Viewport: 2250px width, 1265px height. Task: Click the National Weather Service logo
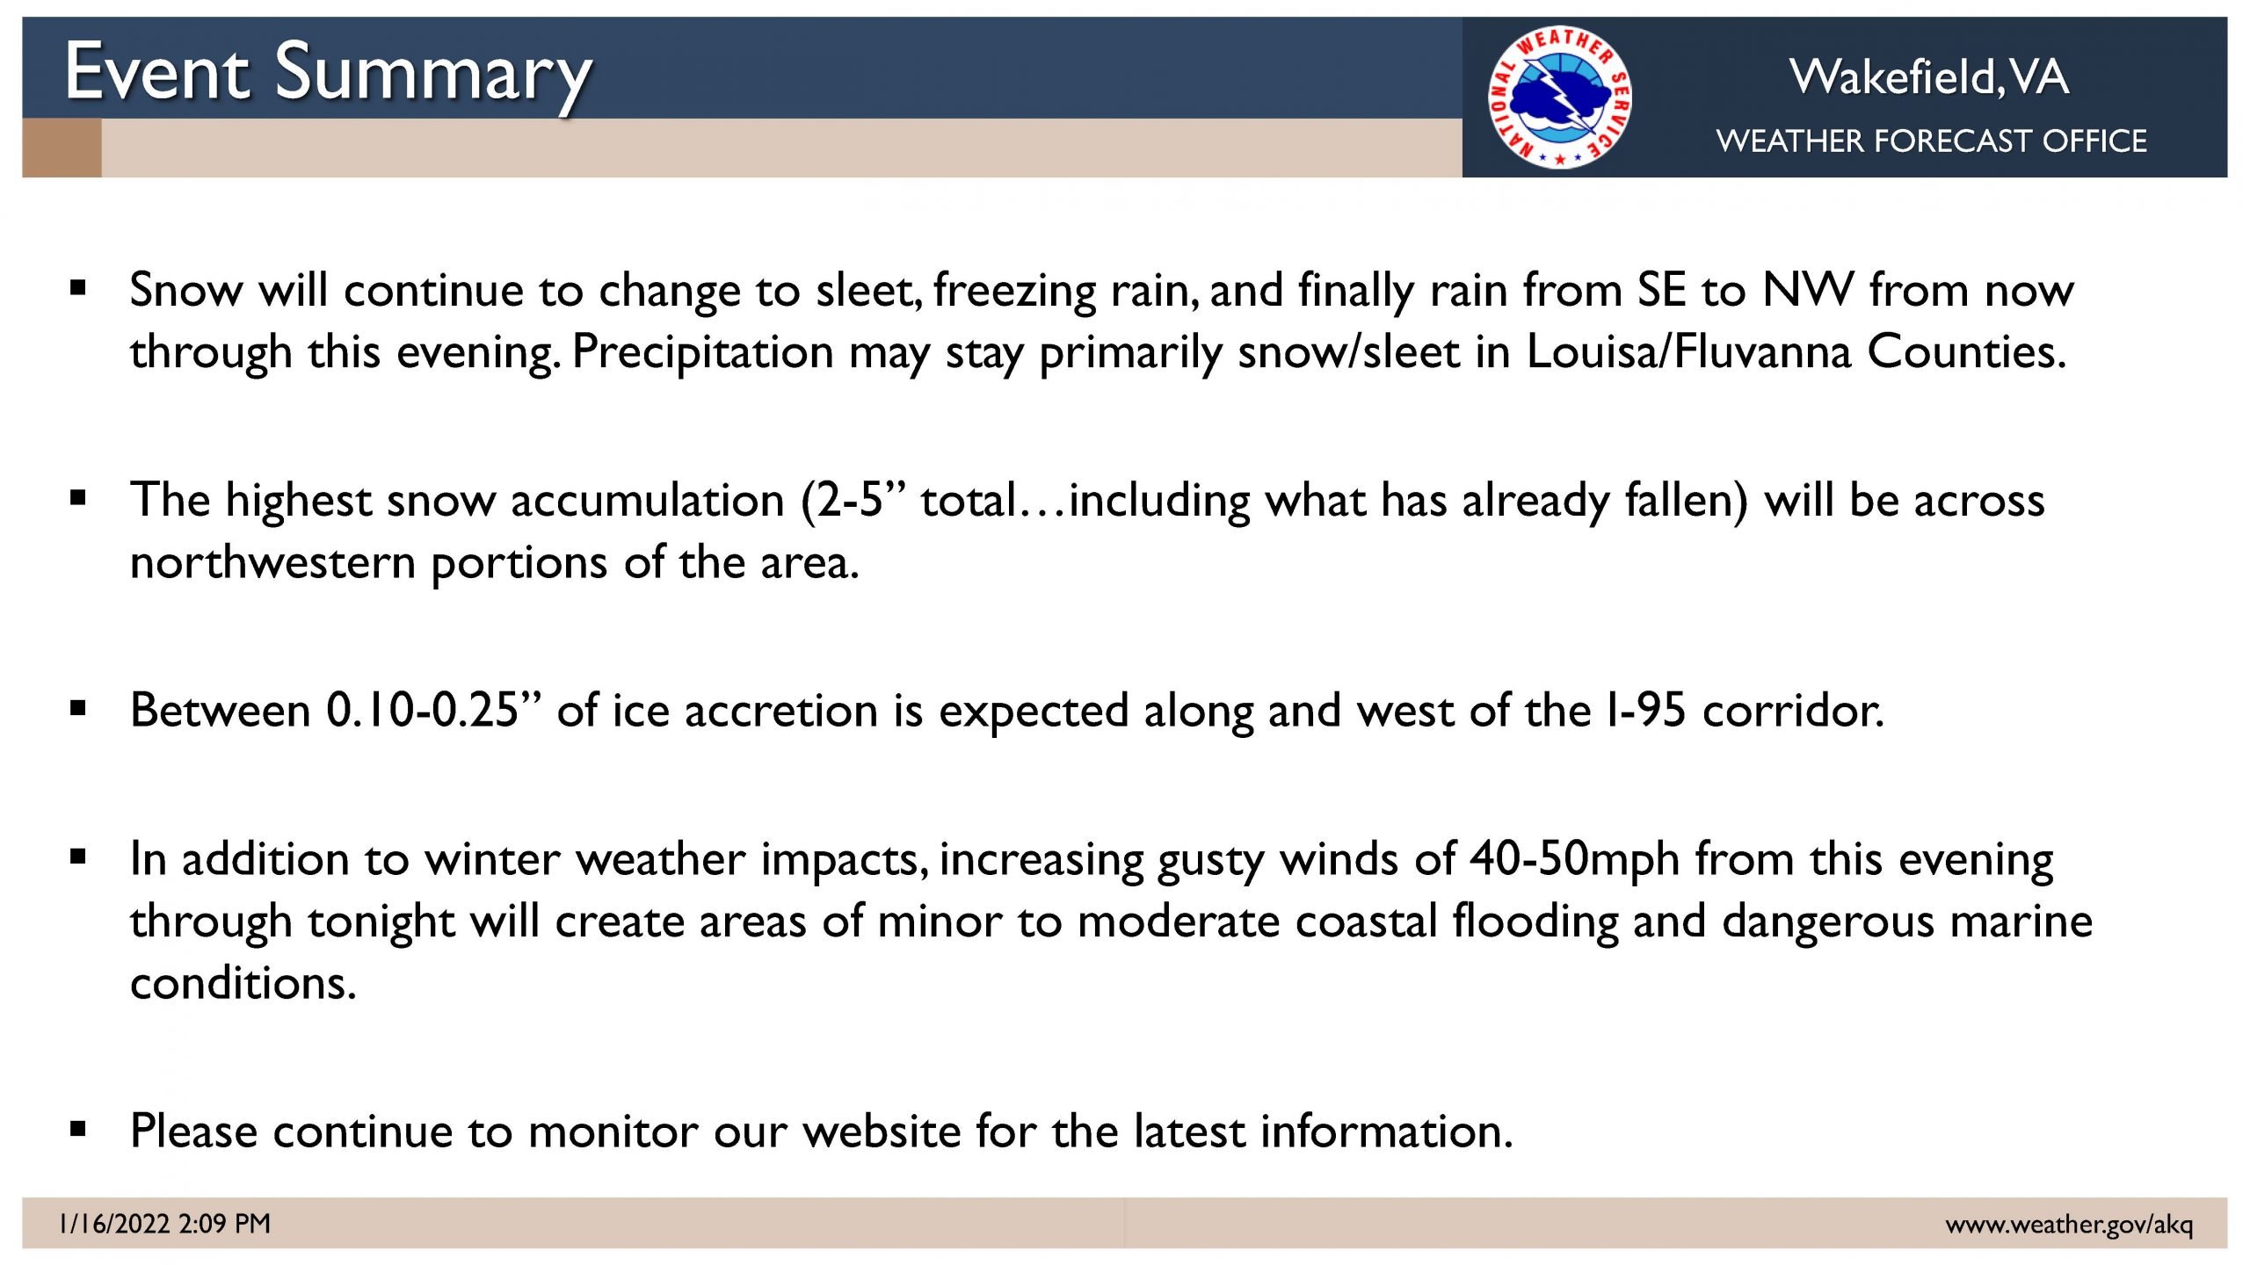pyautogui.click(x=1559, y=97)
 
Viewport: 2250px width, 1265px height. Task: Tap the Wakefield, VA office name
pyautogui.click(x=1929, y=76)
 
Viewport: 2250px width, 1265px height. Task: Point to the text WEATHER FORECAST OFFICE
pyautogui.click(x=1931, y=141)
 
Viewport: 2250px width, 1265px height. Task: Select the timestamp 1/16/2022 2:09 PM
pyautogui.click(x=164, y=1223)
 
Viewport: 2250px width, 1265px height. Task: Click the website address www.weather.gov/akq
pyautogui.click(x=2069, y=1224)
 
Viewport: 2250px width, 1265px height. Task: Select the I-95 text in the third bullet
pyautogui.click(x=1644, y=710)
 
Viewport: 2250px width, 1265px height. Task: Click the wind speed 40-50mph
pyautogui.click(x=1574, y=860)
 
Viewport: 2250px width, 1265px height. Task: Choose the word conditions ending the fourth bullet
pyautogui.click(x=243, y=982)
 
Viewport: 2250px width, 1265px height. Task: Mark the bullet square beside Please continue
pyautogui.click(x=78, y=1129)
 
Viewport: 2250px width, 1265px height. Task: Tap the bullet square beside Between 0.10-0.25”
pyautogui.click(x=78, y=708)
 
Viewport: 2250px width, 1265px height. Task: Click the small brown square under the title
pyautogui.click(x=62, y=148)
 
